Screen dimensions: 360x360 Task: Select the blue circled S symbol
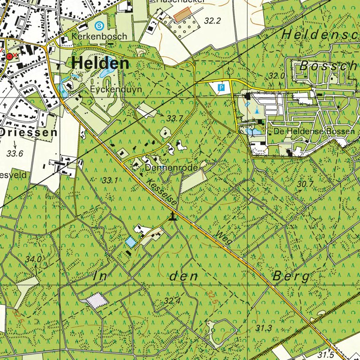[x=99, y=25]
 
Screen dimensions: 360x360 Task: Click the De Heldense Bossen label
[x=315, y=131]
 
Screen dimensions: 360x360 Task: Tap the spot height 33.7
[x=174, y=118]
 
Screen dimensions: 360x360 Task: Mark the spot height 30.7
[x=305, y=184]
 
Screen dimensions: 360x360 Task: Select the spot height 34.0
[x=33, y=259]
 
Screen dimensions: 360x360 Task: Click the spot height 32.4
[x=172, y=300]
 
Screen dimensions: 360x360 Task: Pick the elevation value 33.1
[x=110, y=180]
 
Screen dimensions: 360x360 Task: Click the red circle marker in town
[x=10, y=56]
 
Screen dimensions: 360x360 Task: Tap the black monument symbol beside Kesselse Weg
[x=173, y=216]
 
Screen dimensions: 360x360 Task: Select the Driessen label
[x=29, y=133]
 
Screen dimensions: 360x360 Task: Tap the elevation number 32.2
[x=212, y=21]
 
